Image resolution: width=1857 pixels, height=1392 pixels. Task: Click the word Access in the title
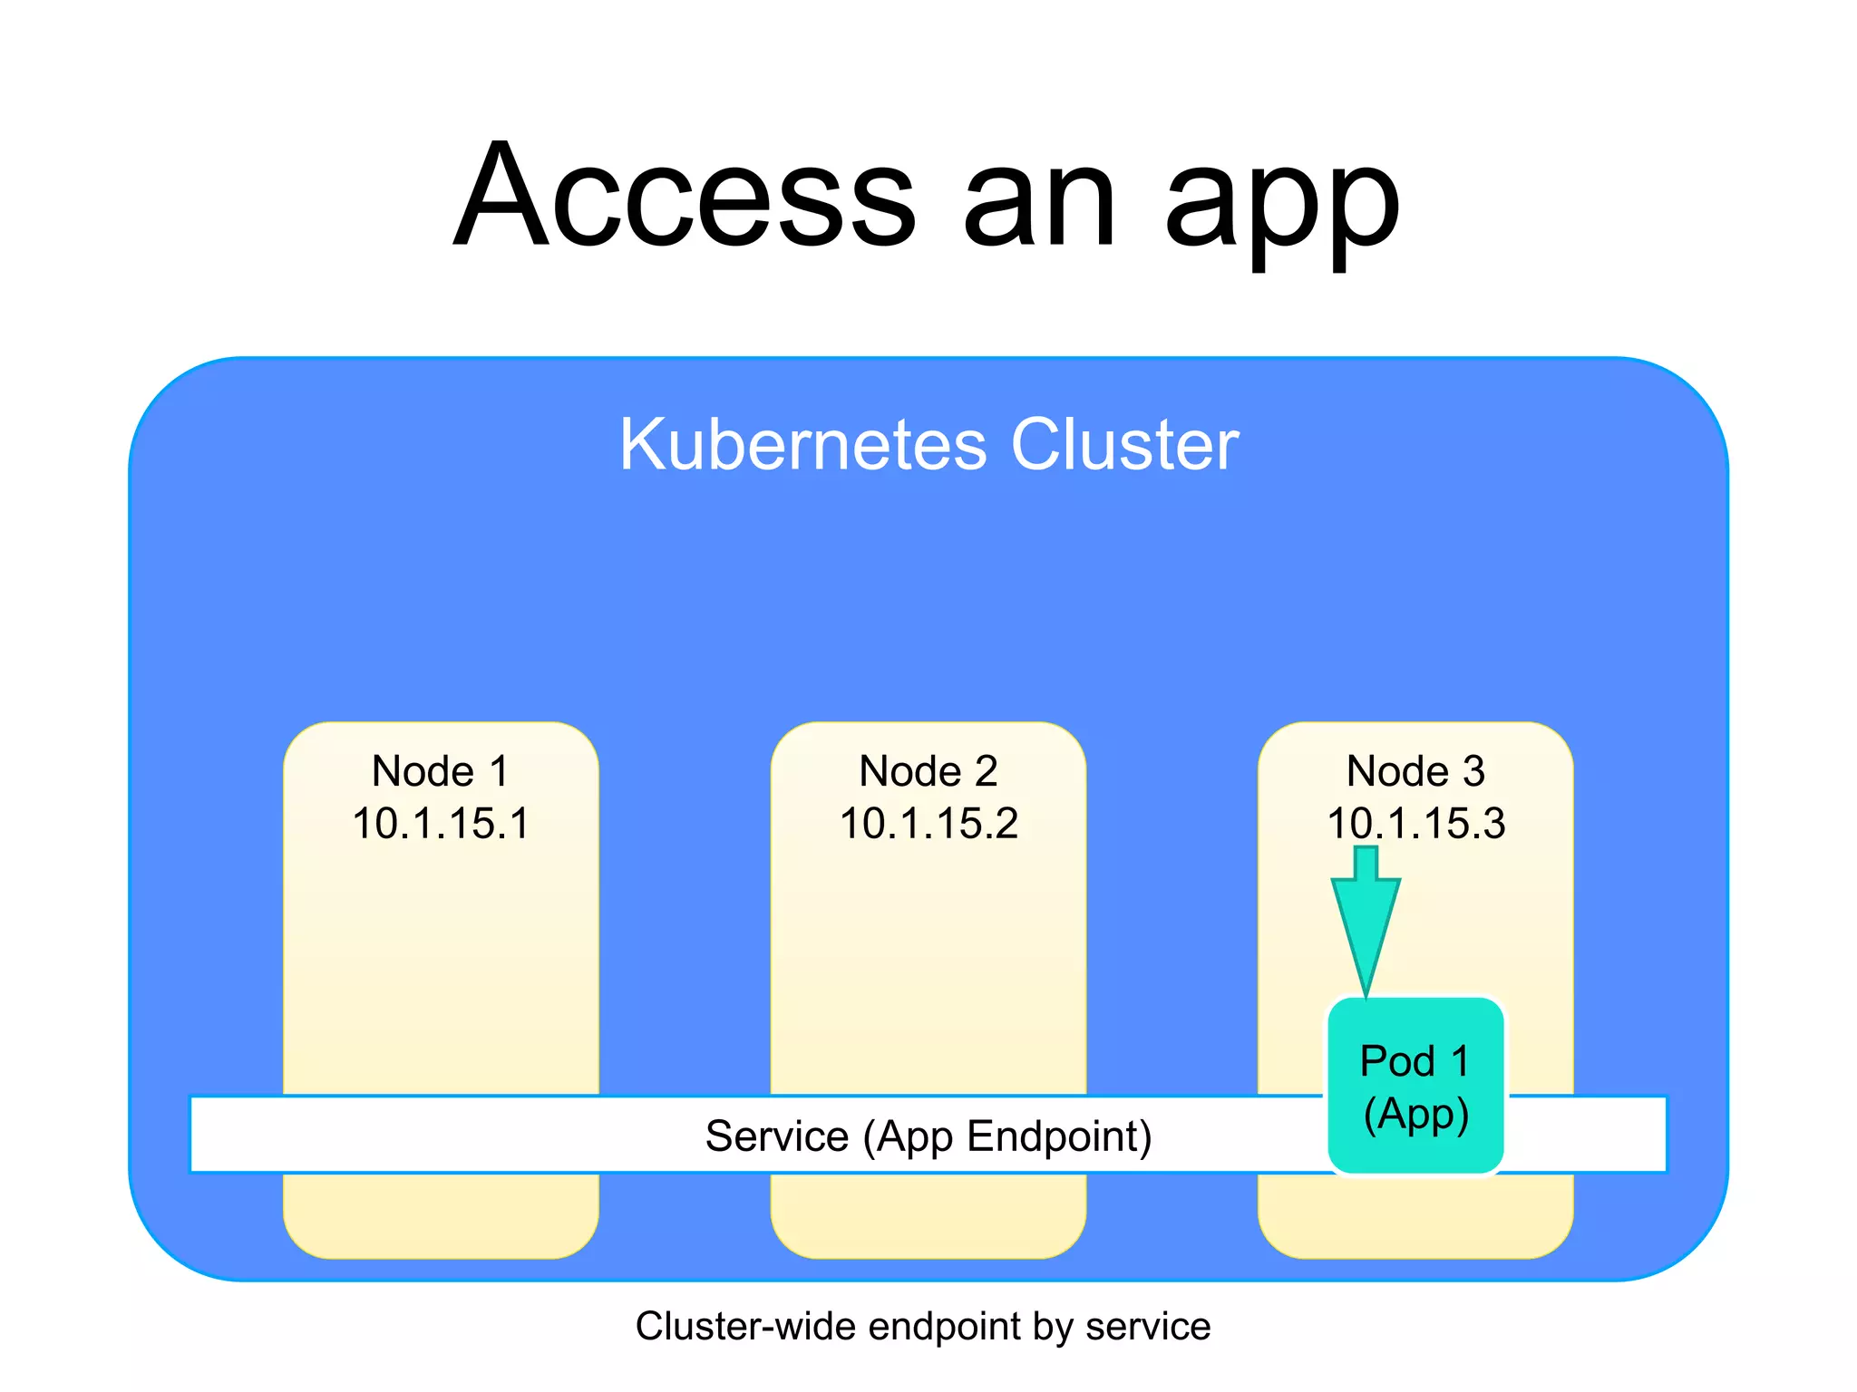pos(685,195)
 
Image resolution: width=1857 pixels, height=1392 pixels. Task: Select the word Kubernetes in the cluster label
pos(802,445)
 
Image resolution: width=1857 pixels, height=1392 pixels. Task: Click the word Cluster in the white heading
pos(1124,445)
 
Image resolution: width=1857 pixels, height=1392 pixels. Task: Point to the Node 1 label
pos(441,772)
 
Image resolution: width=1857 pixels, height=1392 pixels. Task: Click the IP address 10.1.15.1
pos(441,824)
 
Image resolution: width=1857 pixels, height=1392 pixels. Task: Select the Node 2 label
pos(928,772)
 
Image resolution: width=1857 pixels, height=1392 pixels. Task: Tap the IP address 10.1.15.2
pos(928,824)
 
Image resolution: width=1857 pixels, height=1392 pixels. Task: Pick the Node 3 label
pos(1415,772)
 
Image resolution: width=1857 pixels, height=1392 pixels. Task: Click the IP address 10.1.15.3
pos(1415,824)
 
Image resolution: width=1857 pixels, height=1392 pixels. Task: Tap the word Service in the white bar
pos(777,1136)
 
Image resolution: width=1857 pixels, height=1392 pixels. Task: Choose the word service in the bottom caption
pos(1148,1327)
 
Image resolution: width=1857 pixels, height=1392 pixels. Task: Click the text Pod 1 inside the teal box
pos(1415,1061)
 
